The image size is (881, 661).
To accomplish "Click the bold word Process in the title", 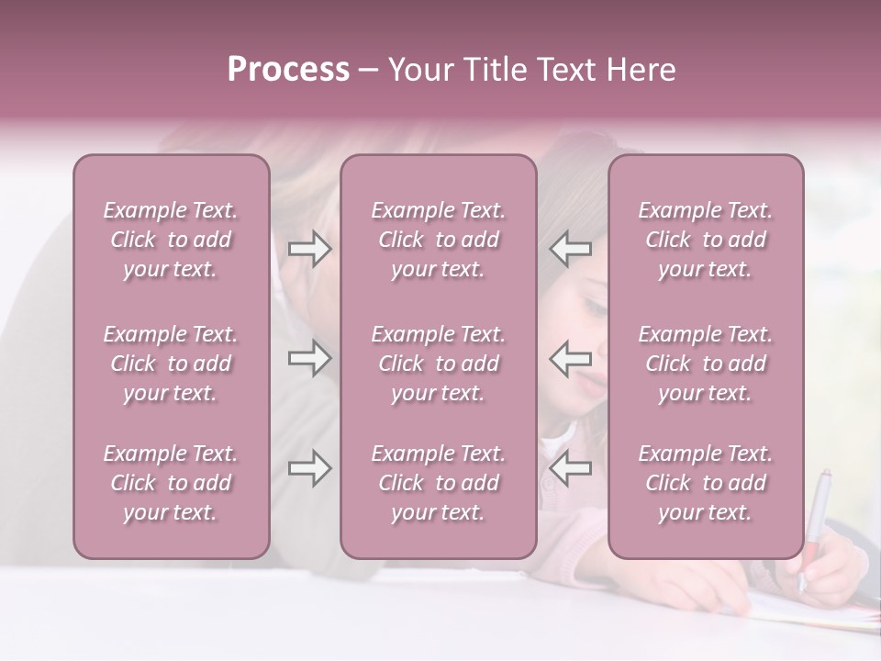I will (288, 70).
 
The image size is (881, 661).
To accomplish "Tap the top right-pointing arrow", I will (309, 249).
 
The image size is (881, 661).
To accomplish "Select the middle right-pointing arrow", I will (309, 358).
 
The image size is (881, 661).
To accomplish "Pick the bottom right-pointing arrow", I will (309, 469).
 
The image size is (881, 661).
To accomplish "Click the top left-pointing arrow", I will (570, 249).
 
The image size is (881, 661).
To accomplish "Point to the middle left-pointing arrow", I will (570, 358).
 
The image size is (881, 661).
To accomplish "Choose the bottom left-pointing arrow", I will (570, 469).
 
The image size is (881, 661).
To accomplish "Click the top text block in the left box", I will (171, 240).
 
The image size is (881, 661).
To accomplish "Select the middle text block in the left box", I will (171, 364).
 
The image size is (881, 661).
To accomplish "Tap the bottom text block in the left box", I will (171, 483).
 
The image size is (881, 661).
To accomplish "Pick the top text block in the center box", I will (439, 240).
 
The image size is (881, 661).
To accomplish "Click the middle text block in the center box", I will (439, 364).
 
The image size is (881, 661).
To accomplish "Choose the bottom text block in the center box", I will (439, 483).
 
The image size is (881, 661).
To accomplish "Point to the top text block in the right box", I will (706, 240).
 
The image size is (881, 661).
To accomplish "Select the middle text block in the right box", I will (706, 364).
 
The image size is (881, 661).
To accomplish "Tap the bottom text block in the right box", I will (706, 483).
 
